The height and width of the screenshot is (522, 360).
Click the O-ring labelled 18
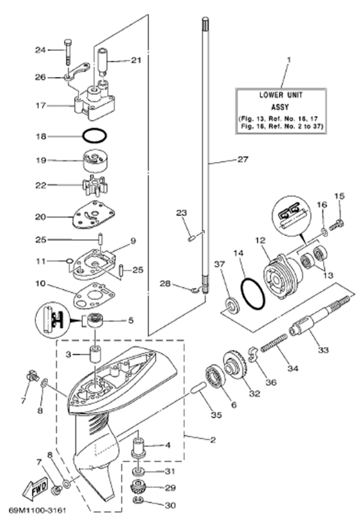point(94,137)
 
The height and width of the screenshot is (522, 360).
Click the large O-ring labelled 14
point(252,293)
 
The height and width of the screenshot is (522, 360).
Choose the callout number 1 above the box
point(289,60)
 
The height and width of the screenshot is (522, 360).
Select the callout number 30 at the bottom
point(170,505)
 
